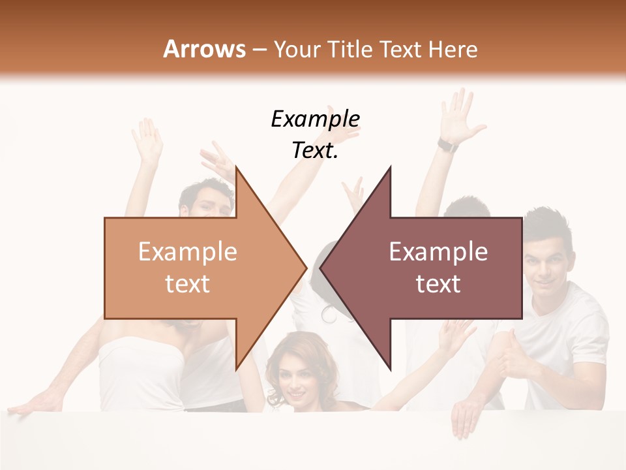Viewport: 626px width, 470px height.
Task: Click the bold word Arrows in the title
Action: (205, 49)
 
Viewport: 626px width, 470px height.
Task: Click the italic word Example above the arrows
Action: (315, 119)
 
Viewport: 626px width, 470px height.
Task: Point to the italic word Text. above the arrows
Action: (315, 151)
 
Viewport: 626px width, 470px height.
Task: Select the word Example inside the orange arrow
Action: (188, 252)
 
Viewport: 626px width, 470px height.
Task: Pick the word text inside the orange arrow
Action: (188, 284)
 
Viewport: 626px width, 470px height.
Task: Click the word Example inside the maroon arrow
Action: (438, 252)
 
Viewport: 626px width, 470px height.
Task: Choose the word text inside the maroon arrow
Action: (438, 284)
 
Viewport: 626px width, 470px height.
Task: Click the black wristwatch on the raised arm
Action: (448, 145)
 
